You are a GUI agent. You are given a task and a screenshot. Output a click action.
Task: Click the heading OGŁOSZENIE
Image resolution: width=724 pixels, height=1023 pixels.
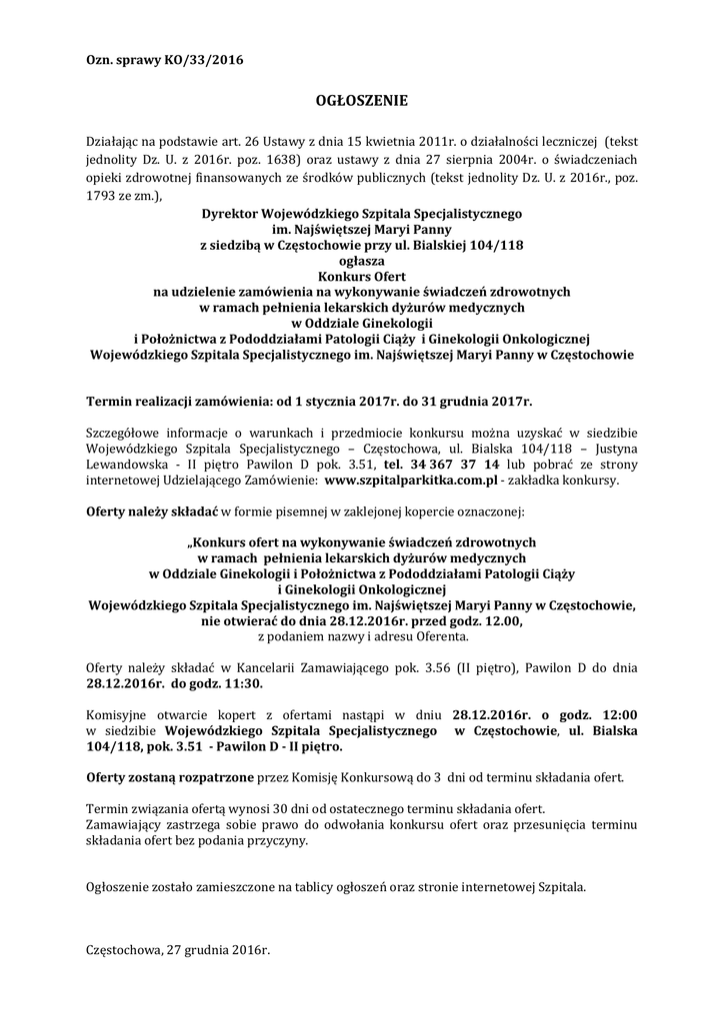362,101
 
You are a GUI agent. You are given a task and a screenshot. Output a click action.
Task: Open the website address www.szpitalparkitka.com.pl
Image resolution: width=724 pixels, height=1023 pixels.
411,481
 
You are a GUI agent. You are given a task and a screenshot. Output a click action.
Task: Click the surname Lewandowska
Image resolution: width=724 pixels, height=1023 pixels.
128,466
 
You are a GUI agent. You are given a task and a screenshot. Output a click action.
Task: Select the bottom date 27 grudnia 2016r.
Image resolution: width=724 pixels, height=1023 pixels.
221,950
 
